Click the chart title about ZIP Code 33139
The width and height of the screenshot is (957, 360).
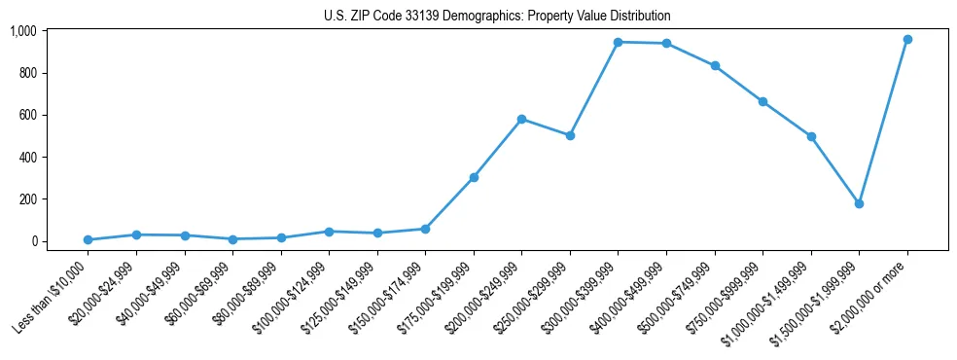(497, 16)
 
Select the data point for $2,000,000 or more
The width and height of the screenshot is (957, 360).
(907, 39)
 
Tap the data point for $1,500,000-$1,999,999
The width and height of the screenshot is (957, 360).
(859, 203)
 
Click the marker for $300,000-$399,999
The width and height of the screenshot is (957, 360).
(618, 42)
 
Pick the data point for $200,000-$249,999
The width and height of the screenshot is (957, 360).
(521, 119)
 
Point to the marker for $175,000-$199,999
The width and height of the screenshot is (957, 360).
(474, 177)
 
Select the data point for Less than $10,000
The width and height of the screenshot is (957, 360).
(88, 239)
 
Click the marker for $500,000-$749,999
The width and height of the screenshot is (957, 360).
(715, 65)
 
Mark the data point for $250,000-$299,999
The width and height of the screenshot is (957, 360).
(570, 135)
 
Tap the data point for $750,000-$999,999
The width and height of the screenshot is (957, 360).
(762, 101)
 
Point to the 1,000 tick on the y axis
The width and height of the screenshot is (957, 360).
(22, 31)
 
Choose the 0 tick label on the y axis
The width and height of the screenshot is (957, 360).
(32, 240)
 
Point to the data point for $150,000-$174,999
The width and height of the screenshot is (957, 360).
(425, 229)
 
